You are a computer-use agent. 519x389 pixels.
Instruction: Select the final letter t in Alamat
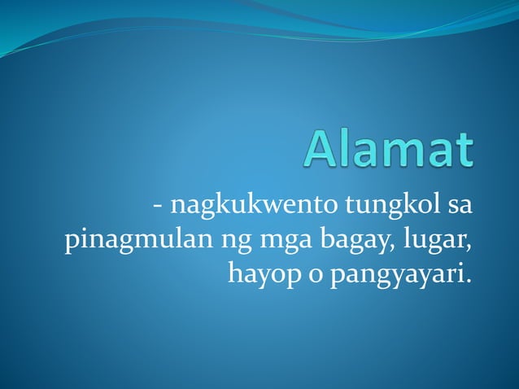click(x=464, y=151)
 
